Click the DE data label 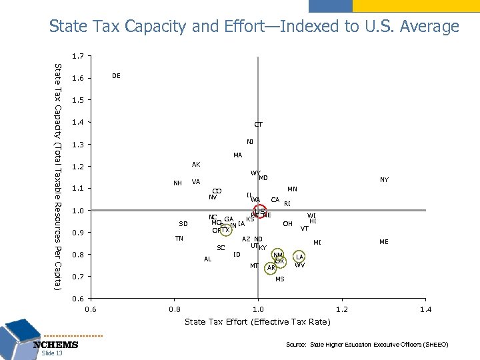[117, 77]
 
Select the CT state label [258, 124]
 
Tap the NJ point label [249, 141]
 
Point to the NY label [384, 180]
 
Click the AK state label [196, 164]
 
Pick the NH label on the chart [178, 183]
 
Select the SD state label [183, 223]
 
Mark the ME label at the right [384, 242]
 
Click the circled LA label [300, 257]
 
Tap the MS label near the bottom [279, 279]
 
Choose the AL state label [208, 259]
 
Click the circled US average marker [259, 212]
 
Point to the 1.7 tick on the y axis [79, 57]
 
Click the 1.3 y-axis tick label [79, 145]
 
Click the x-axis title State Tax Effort [257, 322]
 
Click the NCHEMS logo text [56, 345]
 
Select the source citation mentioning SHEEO [367, 345]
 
